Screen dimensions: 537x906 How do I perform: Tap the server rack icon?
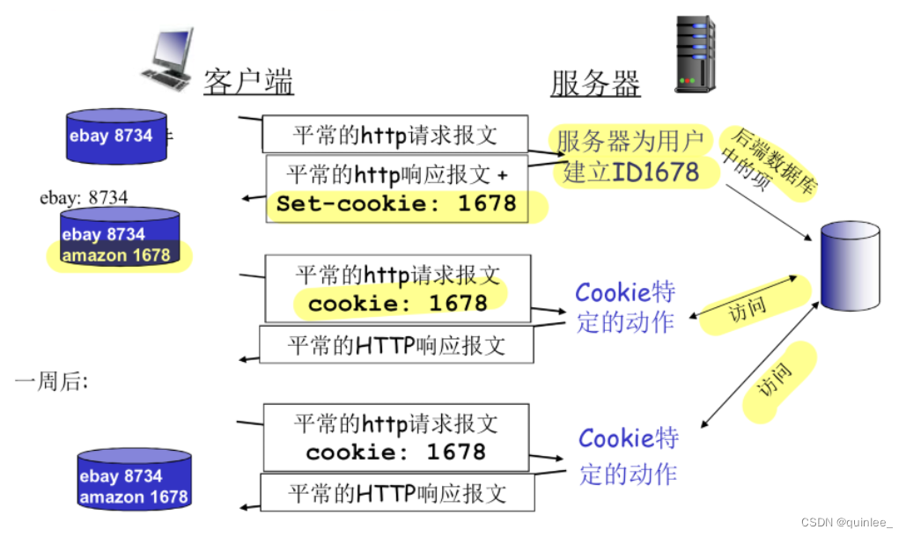pyautogui.click(x=695, y=54)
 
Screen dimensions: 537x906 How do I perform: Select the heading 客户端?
pyautogui.click(x=248, y=83)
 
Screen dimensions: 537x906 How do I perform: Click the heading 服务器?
pyautogui.click(x=595, y=85)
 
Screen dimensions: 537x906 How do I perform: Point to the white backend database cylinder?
pyautogui.click(x=850, y=266)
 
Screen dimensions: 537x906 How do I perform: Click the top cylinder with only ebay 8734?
pyautogui.click(x=117, y=136)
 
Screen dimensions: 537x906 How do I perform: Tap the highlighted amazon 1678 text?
pyautogui.click(x=115, y=255)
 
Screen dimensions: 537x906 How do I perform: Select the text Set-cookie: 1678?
pyautogui.click(x=396, y=203)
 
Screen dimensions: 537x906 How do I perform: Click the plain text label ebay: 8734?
pyautogui.click(x=84, y=197)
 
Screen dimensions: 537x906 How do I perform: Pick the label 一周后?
pyautogui.click(x=51, y=381)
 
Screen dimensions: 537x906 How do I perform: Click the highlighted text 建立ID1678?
pyautogui.click(x=630, y=170)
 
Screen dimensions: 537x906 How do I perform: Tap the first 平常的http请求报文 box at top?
pyautogui.click(x=394, y=135)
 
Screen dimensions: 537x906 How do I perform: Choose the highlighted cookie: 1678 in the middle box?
pyautogui.click(x=397, y=303)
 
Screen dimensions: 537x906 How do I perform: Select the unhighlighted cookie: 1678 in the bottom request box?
pyautogui.click(x=395, y=452)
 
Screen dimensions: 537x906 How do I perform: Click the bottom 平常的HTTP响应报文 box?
pyautogui.click(x=397, y=492)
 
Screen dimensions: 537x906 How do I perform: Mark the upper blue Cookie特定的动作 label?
pyautogui.click(x=626, y=306)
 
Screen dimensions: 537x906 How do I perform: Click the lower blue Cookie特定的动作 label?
pyautogui.click(x=628, y=455)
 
